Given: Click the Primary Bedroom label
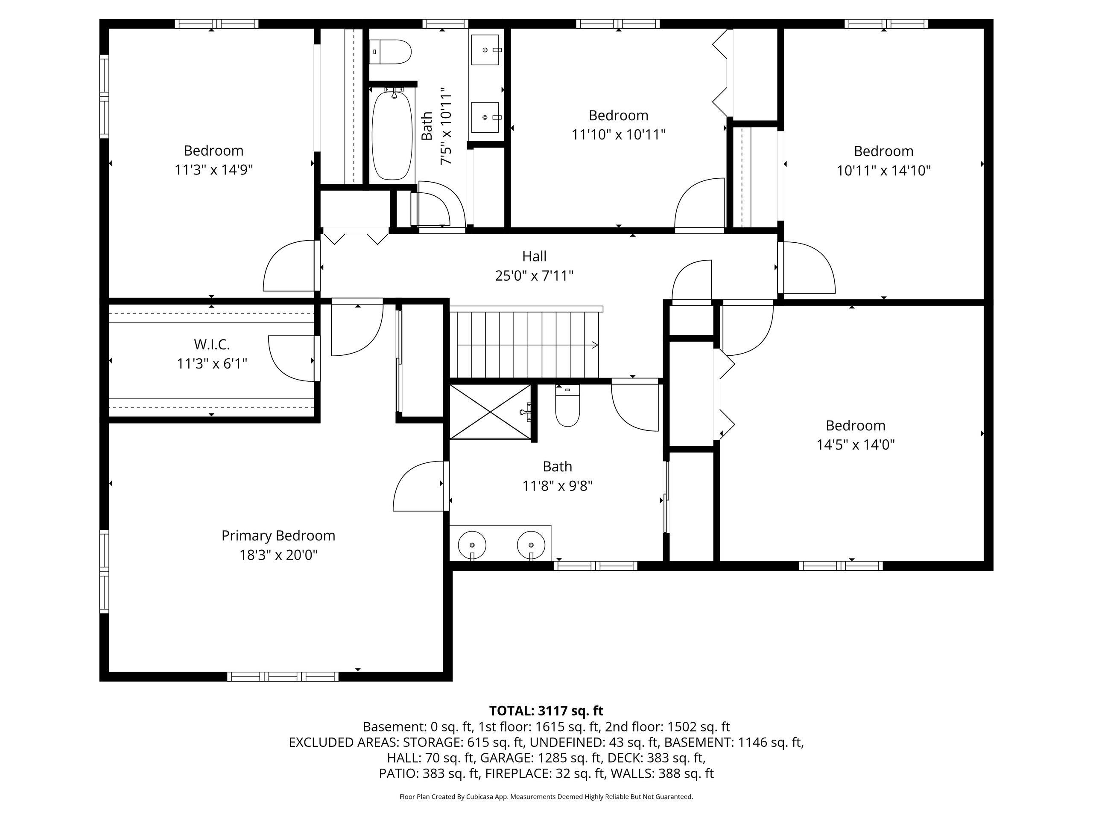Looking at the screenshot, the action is coord(278,536).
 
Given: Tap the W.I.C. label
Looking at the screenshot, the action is coord(212,344).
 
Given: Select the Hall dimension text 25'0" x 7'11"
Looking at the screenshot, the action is coord(534,276).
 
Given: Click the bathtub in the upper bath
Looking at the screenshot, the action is coord(392,134).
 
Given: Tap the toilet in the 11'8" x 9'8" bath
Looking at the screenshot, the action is coord(567,406).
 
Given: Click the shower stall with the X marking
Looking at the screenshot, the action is coord(490,412).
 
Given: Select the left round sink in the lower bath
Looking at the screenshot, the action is coord(472,546).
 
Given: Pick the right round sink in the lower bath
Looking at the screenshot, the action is coord(531,546).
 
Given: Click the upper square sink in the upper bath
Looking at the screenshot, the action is coord(486,50).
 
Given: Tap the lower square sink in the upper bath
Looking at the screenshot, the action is coord(486,117).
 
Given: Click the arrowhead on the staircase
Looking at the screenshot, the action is coord(595,345).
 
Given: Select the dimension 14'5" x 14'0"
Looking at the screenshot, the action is coord(855,445).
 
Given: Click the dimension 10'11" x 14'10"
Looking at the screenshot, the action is coord(883,171).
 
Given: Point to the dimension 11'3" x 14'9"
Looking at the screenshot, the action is coord(213,170).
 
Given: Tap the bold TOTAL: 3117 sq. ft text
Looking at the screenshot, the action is coord(546,711).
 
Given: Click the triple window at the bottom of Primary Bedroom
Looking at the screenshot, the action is coord(283,677).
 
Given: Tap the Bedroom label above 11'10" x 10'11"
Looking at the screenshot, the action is coord(618,116).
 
